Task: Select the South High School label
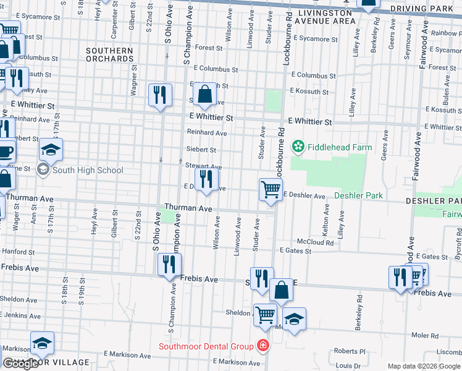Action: pos(88,170)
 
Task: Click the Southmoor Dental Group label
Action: pos(206,346)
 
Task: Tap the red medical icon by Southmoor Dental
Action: pos(264,346)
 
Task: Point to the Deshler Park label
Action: pos(358,195)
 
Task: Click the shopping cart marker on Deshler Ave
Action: pos(271,190)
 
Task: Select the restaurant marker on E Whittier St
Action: pos(160,95)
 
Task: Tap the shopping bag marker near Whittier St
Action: pos(204,95)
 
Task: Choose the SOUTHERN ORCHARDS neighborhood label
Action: pos(109,54)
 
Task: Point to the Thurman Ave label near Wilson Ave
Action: pos(188,209)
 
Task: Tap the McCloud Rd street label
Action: pos(315,242)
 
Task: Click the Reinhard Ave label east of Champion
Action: pos(207,133)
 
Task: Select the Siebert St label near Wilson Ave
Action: pos(201,150)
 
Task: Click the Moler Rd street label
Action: pos(425,335)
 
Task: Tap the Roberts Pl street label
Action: pos(350,351)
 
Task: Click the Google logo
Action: pos(20,364)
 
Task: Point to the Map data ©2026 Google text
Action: pos(424,366)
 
